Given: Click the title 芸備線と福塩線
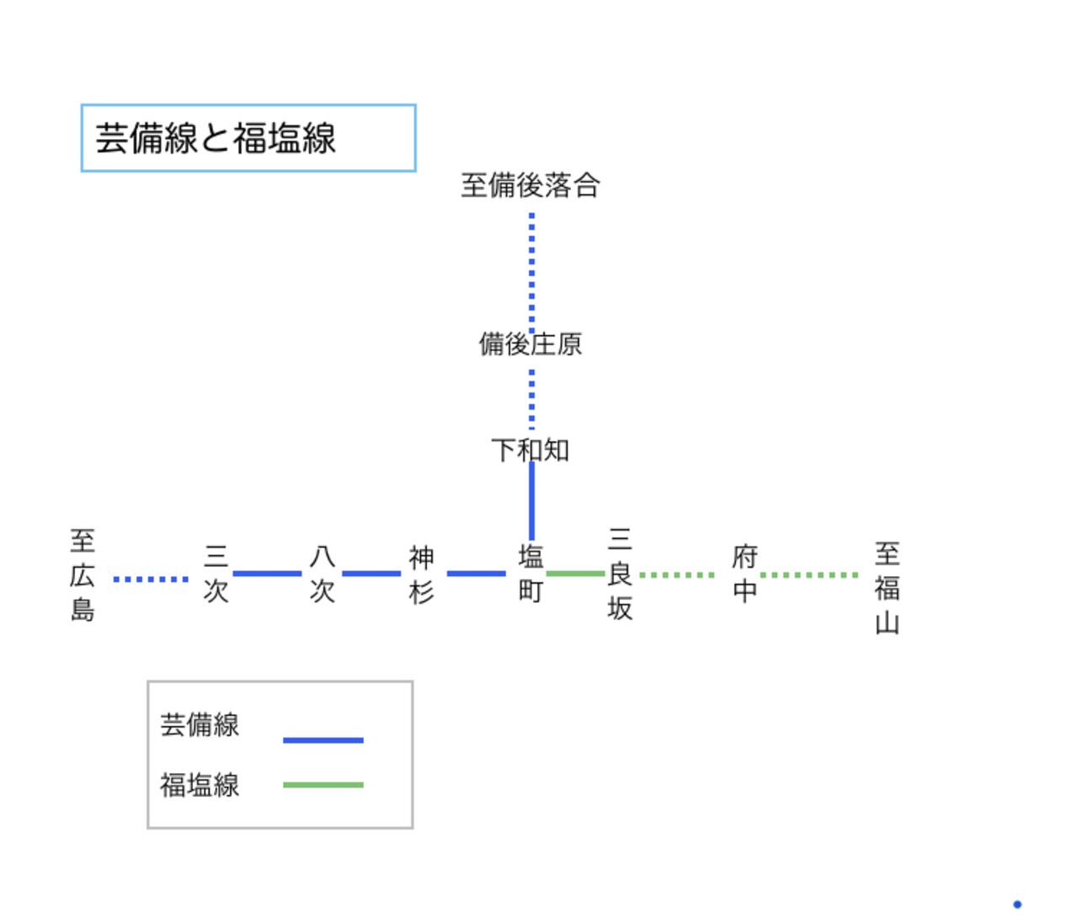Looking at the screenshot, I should pyautogui.click(x=216, y=139).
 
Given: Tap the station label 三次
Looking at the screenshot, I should pyautogui.click(x=216, y=574).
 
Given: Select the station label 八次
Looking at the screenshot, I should pyautogui.click(x=322, y=574).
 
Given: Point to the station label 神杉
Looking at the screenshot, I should pyautogui.click(x=421, y=574).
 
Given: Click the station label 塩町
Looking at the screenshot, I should pyautogui.click(x=531, y=574).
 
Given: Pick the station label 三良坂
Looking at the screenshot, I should pyautogui.click(x=620, y=574).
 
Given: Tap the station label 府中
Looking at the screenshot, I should pyautogui.click(x=745, y=574).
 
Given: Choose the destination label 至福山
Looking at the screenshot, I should pyautogui.click(x=887, y=588).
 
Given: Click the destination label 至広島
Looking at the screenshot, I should pyautogui.click(x=83, y=575).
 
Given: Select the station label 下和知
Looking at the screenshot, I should pyautogui.click(x=531, y=450).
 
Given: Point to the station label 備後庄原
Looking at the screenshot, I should pyautogui.click(x=531, y=344).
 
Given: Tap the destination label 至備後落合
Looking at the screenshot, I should pyautogui.click(x=531, y=185).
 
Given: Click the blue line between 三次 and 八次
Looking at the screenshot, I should pyautogui.click(x=267, y=574).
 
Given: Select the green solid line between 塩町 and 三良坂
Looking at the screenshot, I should pyautogui.click(x=575, y=574).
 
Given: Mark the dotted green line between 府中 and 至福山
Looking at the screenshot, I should pyautogui.click(x=809, y=575).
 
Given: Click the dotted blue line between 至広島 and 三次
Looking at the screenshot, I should pyautogui.click(x=151, y=579).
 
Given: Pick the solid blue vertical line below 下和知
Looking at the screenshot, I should pyautogui.click(x=531, y=501).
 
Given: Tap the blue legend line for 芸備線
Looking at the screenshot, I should pyautogui.click(x=323, y=740).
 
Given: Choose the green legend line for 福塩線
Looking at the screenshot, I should pyautogui.click(x=323, y=785).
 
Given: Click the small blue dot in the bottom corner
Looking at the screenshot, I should pyautogui.click(x=1017, y=904).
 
